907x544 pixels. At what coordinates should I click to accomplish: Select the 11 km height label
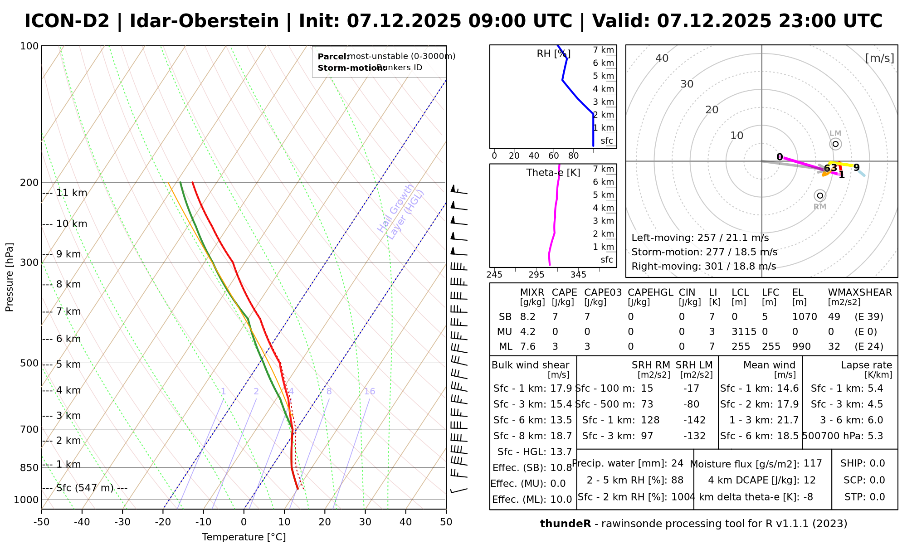(x=71, y=193)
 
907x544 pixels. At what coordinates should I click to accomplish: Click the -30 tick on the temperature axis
(x=122, y=522)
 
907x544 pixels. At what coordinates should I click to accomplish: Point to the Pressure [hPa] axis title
(x=10, y=277)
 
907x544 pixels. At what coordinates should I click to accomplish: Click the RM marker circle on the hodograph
(x=819, y=196)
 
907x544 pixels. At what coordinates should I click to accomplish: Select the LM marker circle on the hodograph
(x=835, y=144)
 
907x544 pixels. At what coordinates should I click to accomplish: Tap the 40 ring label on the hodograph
(x=662, y=58)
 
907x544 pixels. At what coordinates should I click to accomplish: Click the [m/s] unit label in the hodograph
(x=879, y=58)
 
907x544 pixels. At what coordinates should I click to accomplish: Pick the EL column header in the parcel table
(x=798, y=292)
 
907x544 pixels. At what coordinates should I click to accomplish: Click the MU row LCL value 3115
(x=744, y=332)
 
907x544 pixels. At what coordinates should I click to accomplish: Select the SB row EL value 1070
(x=805, y=317)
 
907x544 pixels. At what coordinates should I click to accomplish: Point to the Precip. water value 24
(x=677, y=463)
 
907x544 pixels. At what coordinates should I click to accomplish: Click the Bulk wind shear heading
(x=530, y=365)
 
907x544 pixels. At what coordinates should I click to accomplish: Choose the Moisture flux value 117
(x=813, y=463)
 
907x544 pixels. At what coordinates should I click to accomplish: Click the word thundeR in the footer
(x=565, y=524)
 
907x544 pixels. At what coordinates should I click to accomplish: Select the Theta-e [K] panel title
(x=553, y=173)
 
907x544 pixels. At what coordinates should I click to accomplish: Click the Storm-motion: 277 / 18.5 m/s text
(x=704, y=252)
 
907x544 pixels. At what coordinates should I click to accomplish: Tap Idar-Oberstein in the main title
(x=204, y=21)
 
